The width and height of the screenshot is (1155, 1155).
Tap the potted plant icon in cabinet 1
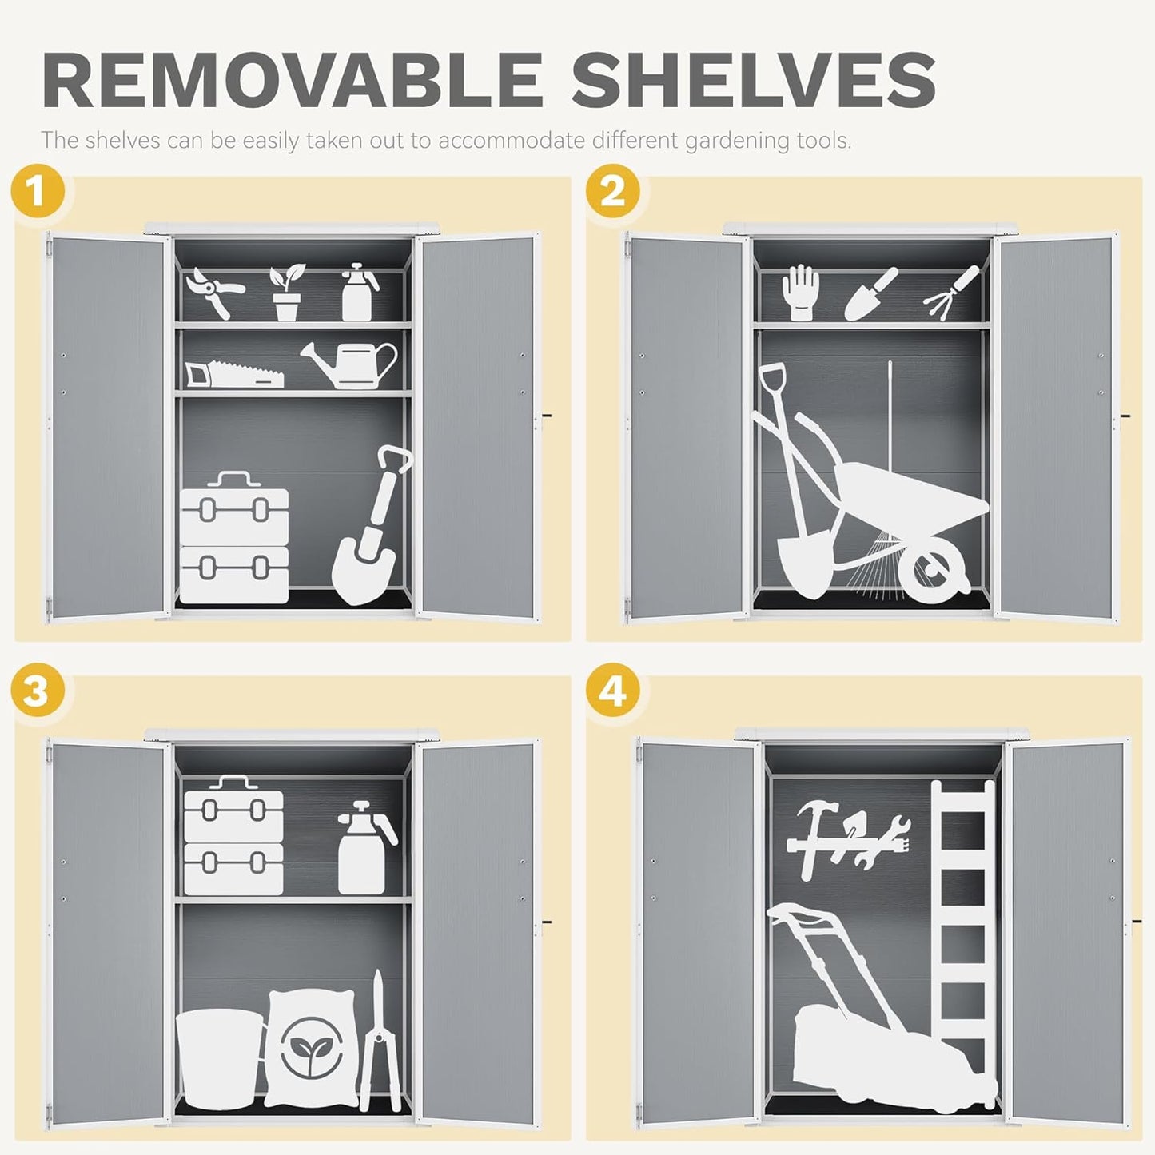[x=286, y=293]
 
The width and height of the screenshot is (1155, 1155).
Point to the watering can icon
[x=352, y=364]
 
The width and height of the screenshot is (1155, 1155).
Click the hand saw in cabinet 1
[x=233, y=372]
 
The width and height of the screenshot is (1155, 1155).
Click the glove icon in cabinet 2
[x=800, y=293]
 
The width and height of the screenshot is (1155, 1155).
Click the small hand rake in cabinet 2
[x=951, y=289]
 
